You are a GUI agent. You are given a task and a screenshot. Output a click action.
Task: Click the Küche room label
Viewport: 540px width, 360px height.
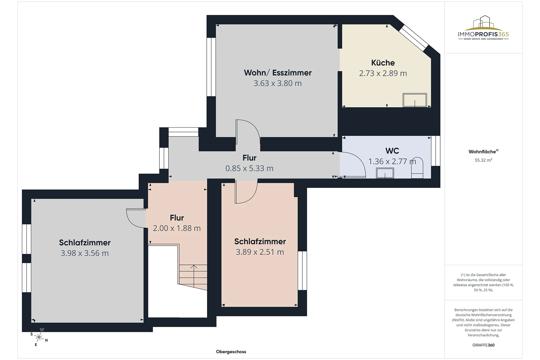[x=383, y=63]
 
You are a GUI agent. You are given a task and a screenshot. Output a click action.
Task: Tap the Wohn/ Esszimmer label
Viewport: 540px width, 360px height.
[x=278, y=73]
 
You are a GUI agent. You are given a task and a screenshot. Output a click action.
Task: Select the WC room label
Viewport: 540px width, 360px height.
[x=392, y=151]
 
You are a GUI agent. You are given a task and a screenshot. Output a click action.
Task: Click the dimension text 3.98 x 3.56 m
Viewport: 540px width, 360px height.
[x=85, y=253]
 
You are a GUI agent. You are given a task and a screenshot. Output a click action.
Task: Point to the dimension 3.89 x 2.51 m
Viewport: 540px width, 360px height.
[x=260, y=252]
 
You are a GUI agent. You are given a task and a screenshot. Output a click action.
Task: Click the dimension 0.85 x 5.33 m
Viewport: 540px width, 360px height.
[x=249, y=168]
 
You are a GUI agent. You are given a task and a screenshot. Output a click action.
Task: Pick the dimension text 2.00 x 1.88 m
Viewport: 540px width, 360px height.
[x=177, y=228]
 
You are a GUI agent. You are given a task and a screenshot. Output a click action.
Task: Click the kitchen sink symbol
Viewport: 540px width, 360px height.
[x=415, y=100]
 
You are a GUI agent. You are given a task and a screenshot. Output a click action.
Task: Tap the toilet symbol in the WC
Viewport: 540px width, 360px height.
[x=417, y=168]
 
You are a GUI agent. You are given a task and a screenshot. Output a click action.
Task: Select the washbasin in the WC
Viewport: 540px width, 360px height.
[x=385, y=173]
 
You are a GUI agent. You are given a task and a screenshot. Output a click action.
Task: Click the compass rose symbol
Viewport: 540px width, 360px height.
[x=39, y=337]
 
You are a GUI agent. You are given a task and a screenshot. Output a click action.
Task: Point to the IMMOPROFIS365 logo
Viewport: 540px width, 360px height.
[x=483, y=28]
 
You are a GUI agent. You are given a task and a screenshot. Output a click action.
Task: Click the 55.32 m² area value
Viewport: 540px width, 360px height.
[x=483, y=160]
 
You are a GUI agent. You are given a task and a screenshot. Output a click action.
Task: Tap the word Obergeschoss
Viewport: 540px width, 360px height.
[x=231, y=352]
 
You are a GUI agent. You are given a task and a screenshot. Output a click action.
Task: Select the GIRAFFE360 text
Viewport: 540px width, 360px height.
[x=483, y=345]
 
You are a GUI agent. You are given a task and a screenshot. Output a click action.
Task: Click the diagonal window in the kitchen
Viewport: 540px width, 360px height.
[x=414, y=38]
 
